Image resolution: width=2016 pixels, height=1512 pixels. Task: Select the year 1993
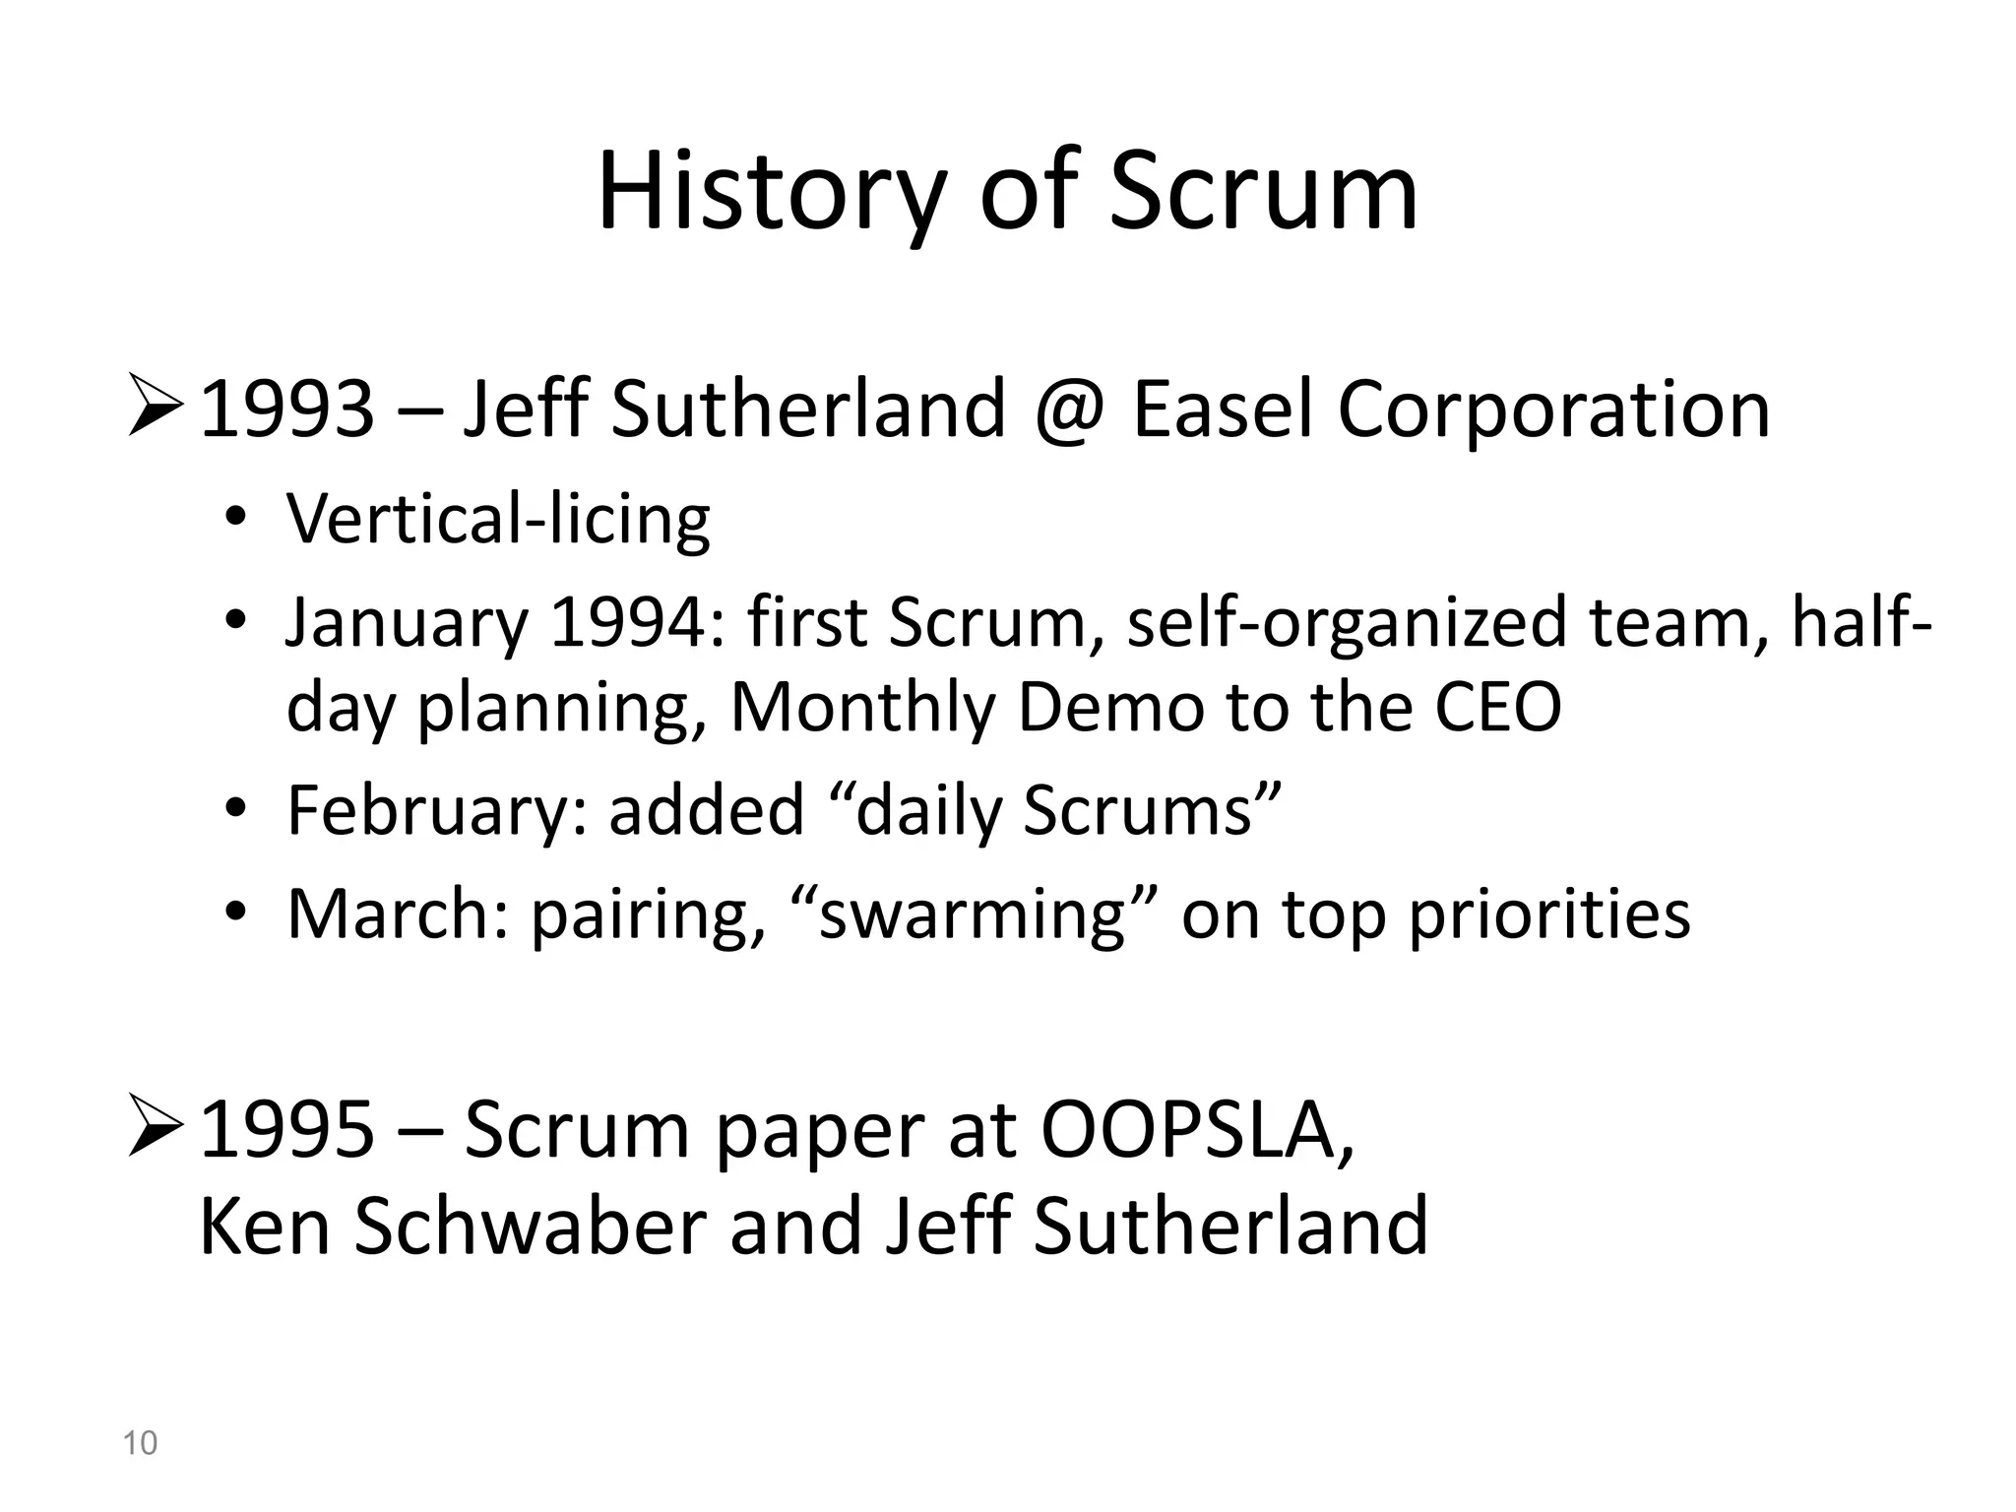click(286, 409)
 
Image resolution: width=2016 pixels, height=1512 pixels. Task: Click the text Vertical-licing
click(498, 519)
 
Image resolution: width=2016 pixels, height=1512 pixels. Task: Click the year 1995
click(286, 1130)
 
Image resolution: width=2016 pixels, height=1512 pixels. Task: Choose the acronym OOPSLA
click(1196, 1130)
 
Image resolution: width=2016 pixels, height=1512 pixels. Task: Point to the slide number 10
click(140, 1443)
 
